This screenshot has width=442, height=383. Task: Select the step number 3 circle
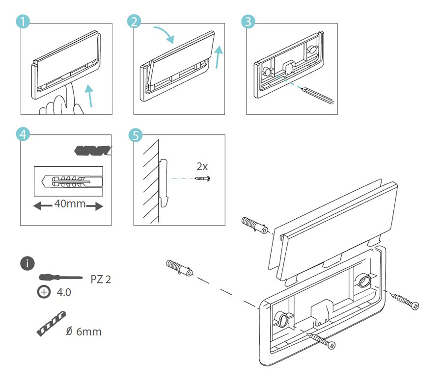[249, 22]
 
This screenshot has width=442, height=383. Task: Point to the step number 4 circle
[22, 134]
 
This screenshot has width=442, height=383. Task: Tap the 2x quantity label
[202, 166]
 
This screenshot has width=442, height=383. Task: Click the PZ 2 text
[101, 279]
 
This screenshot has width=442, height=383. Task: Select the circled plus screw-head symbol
[44, 292]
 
